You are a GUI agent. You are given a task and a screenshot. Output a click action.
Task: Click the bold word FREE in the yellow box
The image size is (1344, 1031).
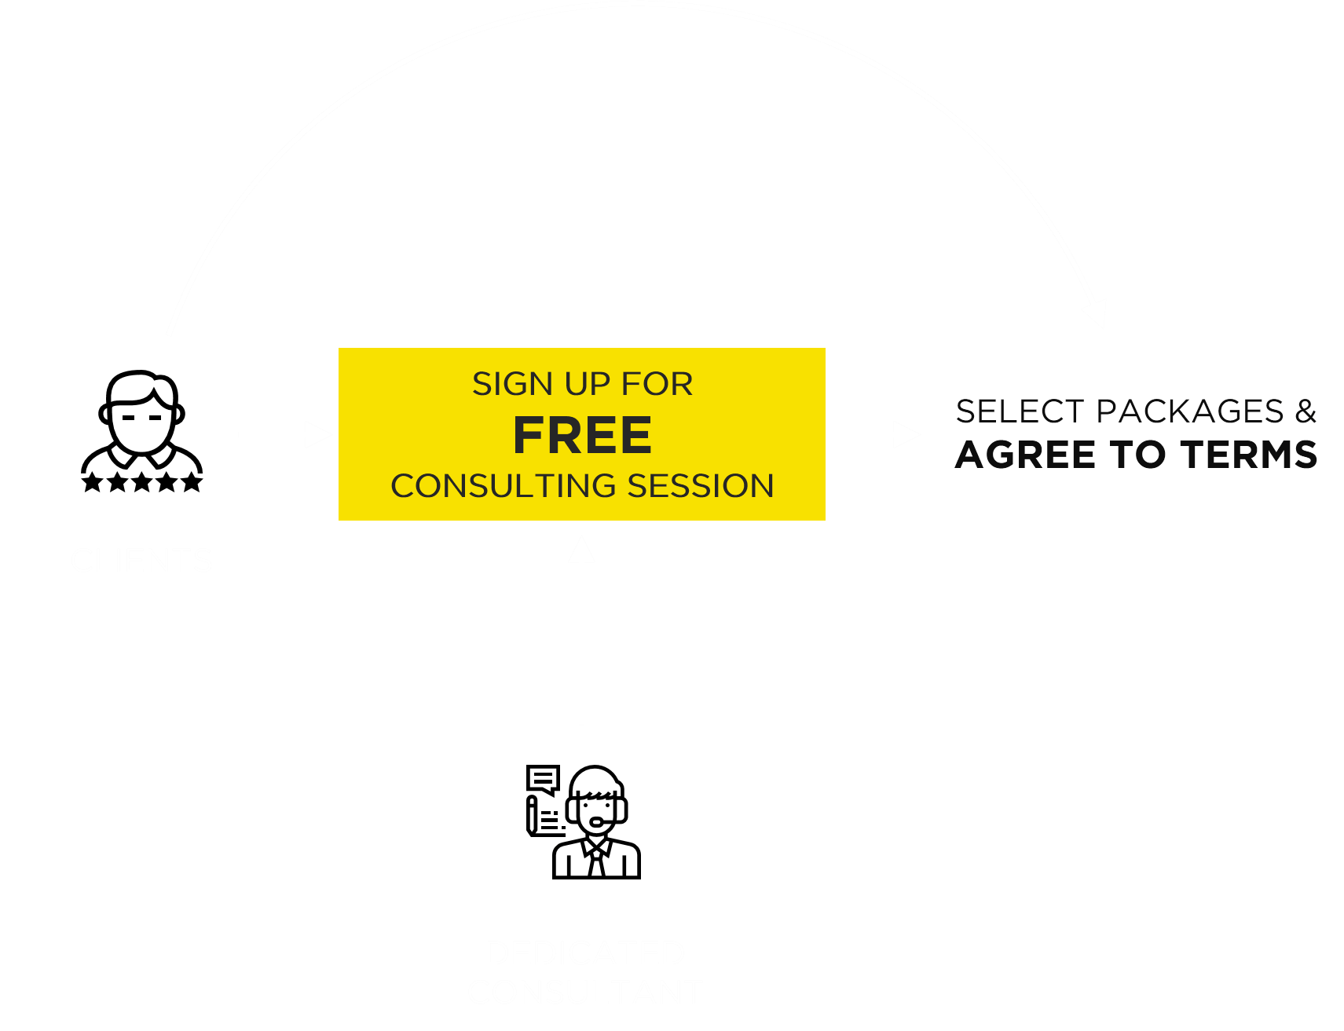[x=582, y=436]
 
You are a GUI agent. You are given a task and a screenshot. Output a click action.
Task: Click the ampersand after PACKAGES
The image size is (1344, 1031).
[x=1306, y=411]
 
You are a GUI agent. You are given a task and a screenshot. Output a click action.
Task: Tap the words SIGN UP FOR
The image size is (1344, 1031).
[x=582, y=384]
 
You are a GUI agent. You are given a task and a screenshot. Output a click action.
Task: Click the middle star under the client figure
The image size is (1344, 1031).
[x=142, y=482]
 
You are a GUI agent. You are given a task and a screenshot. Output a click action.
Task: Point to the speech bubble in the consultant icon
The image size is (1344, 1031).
[x=543, y=779]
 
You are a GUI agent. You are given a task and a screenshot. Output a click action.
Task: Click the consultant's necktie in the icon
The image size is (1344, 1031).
[x=597, y=864]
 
